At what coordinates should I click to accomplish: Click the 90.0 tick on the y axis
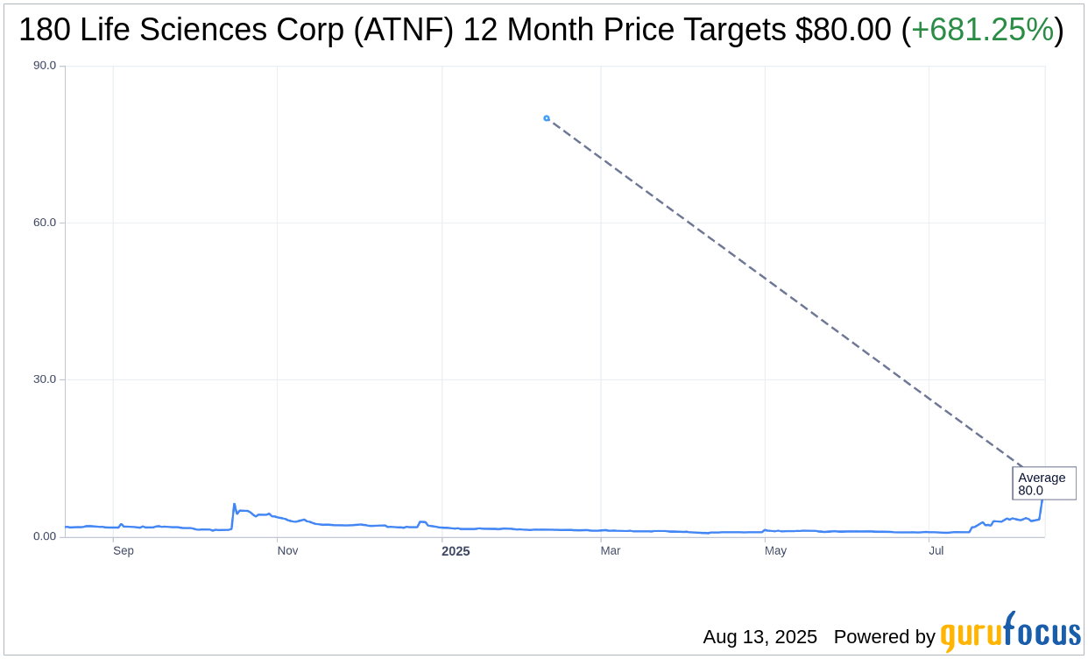[44, 66]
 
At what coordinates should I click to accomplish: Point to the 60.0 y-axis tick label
[44, 223]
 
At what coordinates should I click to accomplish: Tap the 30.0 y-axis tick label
[44, 379]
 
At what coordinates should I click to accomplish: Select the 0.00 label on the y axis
[44, 536]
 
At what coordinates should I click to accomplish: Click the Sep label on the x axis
[124, 551]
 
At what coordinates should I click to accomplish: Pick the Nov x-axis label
[287, 551]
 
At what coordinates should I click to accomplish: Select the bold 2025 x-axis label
[456, 551]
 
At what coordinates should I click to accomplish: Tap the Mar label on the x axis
[611, 551]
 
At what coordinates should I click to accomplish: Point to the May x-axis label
[775, 551]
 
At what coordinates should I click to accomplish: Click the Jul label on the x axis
[936, 551]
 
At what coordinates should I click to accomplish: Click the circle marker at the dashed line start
[547, 118]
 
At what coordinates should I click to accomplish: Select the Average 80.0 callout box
[1043, 484]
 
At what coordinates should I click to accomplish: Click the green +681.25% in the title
[982, 31]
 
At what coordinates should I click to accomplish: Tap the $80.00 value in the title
[844, 31]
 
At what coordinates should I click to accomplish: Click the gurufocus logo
[1010, 633]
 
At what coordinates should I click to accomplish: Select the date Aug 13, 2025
[759, 637]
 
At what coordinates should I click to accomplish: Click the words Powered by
[884, 637]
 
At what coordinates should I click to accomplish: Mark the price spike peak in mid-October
[234, 504]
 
